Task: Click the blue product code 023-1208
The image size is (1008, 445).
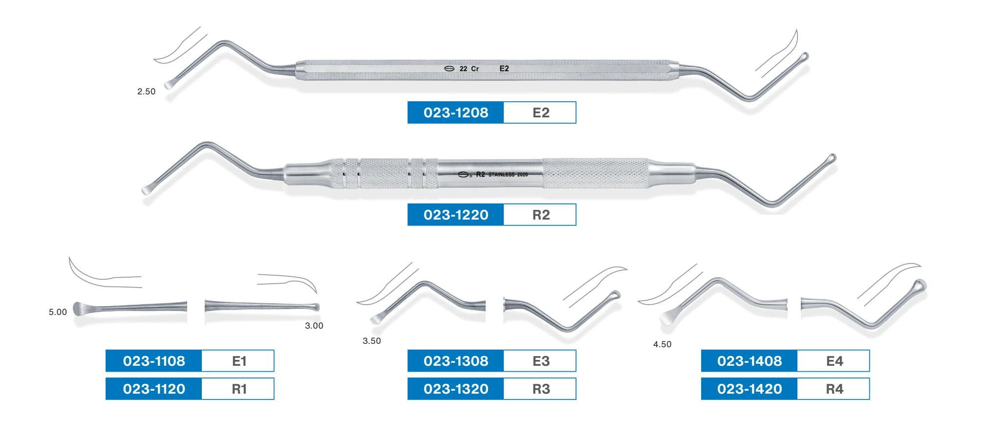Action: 455,112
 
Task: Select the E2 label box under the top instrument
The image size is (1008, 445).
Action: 540,112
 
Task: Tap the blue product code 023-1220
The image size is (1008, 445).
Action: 455,215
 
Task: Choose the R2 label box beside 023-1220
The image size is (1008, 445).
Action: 540,215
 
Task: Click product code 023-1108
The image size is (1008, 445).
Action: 153,361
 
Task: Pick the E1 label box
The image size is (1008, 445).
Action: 238,361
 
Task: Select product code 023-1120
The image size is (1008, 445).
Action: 153,389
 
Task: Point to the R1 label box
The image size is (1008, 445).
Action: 238,389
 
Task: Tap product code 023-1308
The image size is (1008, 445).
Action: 455,361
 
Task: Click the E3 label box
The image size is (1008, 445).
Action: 540,361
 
